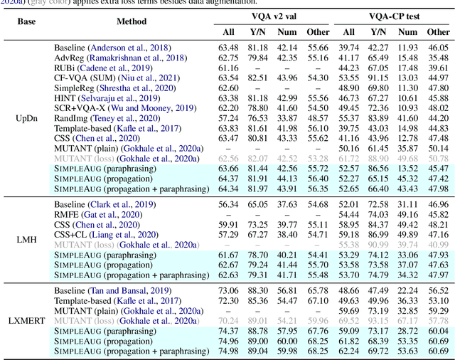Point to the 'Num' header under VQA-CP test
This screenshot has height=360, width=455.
pos(407,31)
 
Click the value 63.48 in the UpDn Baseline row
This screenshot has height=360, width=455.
pos(228,48)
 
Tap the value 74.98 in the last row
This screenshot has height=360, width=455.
pos(228,351)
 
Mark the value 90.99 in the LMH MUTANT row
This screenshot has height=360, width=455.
pos(378,244)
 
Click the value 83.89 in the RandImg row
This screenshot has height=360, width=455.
pos(378,117)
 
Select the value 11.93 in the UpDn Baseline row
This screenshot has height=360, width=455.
pos(407,48)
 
